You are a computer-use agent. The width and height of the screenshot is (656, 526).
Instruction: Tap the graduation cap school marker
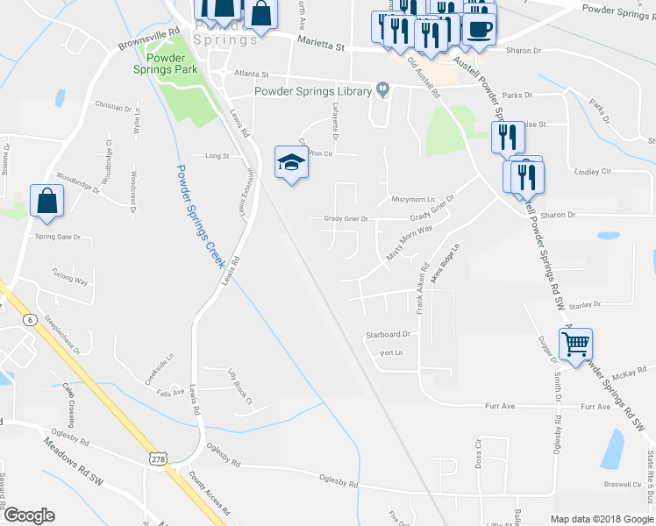[291, 162]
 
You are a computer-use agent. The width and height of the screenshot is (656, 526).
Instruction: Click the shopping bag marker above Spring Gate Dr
[47, 201]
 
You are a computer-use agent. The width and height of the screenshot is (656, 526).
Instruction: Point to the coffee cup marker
[479, 29]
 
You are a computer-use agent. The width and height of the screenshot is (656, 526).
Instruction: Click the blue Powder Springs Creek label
[201, 216]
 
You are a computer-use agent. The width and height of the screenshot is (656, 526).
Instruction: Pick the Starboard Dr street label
[389, 334]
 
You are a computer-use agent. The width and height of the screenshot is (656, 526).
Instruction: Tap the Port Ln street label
[390, 353]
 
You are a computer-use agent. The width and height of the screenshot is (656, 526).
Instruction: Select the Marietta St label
[322, 40]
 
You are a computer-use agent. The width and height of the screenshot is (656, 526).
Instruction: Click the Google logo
[29, 515]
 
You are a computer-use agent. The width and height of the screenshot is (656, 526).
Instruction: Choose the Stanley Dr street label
[584, 305]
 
